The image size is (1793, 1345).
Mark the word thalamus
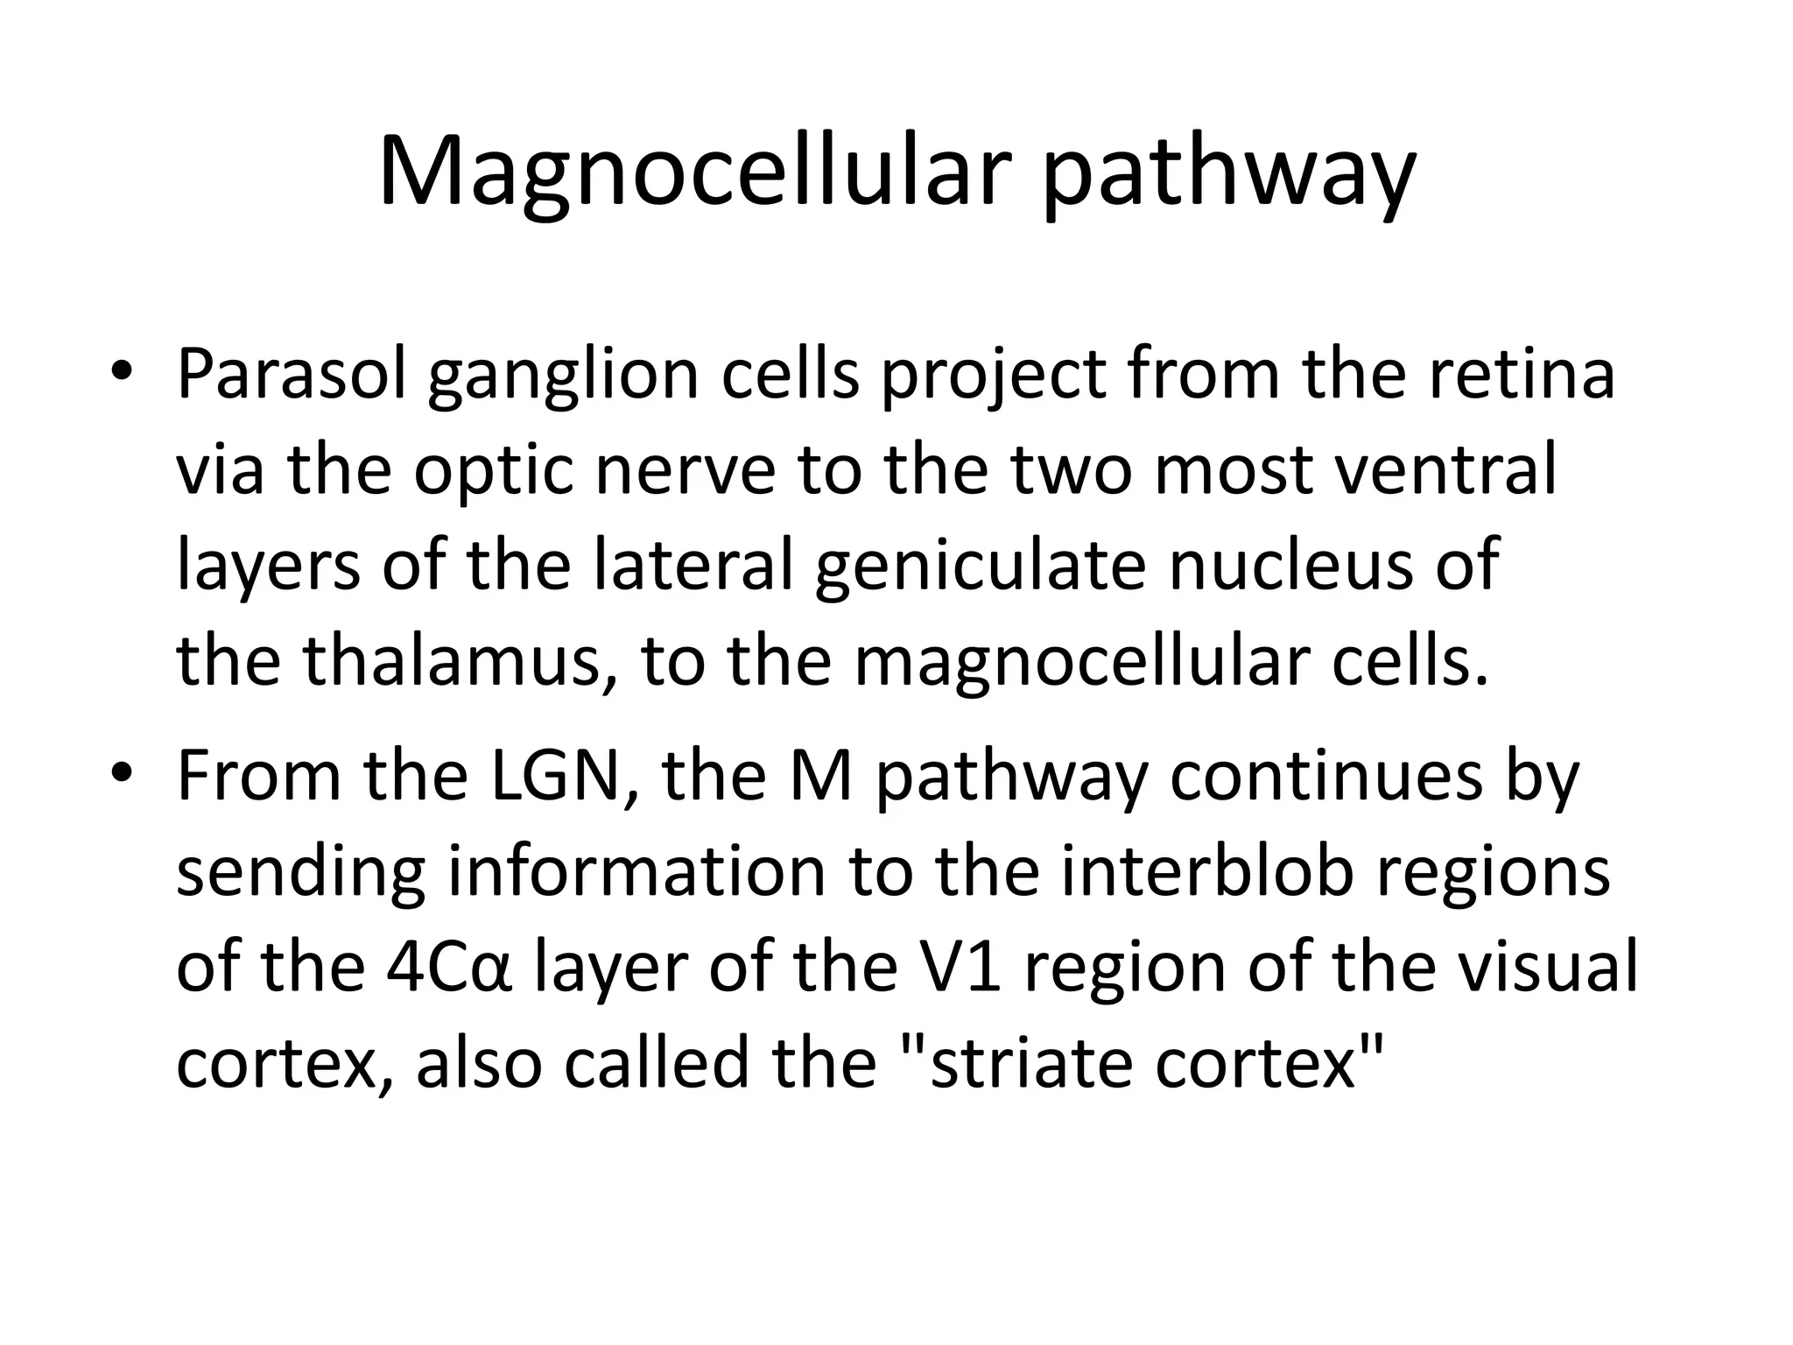pyautogui.click(x=455, y=663)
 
